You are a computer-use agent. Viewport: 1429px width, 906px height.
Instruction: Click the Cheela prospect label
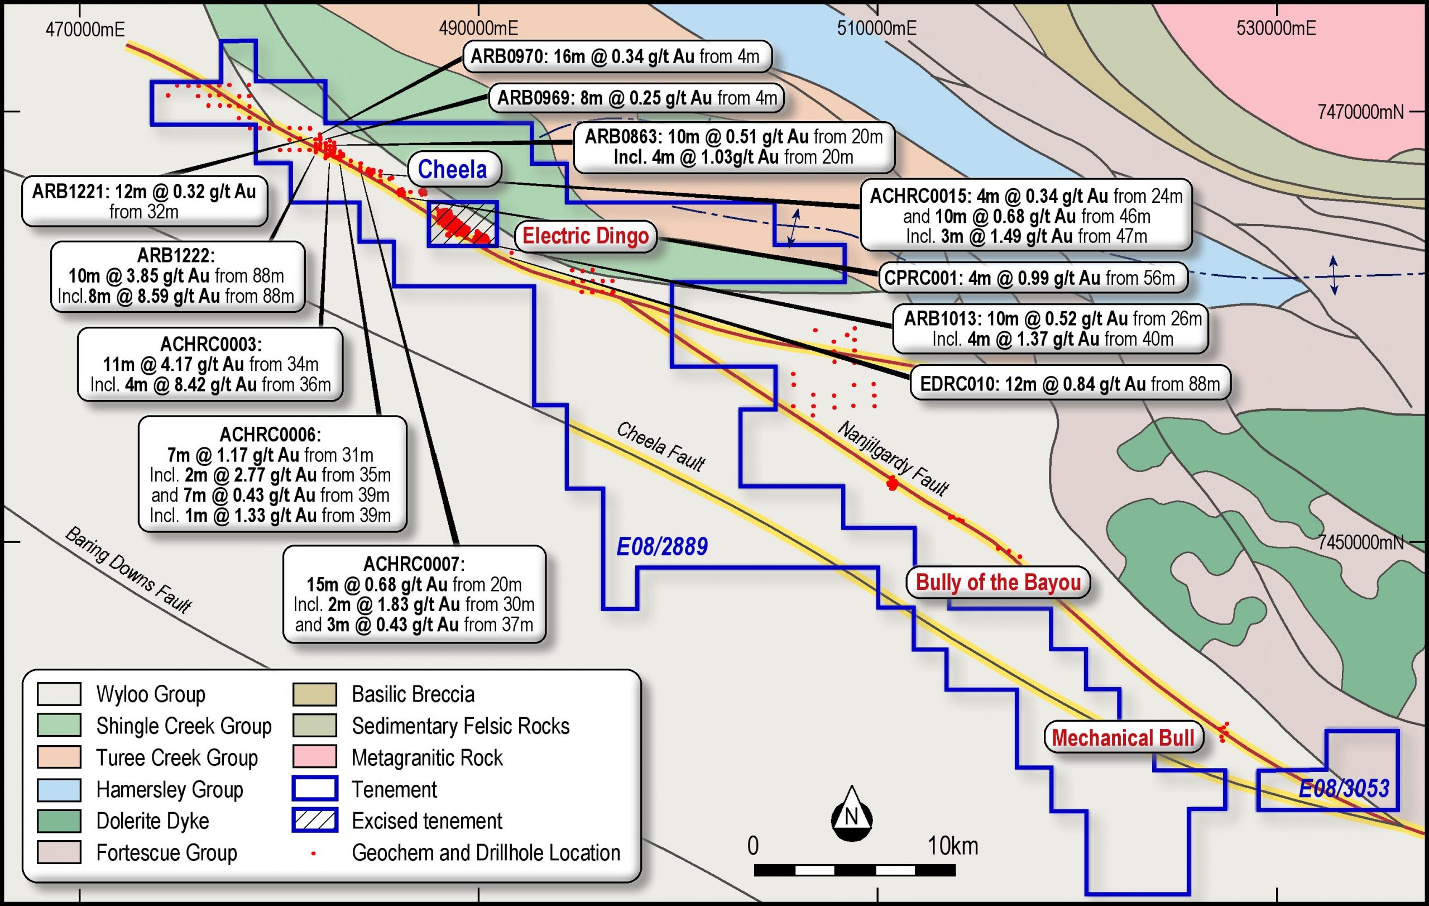452,169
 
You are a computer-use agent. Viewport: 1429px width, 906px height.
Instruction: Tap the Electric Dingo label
585,236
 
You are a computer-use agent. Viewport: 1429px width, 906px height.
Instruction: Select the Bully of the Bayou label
998,583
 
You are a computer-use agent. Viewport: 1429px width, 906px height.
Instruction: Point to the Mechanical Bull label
1123,738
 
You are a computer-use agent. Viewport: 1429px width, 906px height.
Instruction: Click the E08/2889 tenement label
661,547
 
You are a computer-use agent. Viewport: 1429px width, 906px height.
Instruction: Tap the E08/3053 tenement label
1344,789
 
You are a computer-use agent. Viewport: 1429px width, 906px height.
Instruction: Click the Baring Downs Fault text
128,569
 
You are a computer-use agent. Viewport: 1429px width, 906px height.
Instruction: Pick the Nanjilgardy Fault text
893,458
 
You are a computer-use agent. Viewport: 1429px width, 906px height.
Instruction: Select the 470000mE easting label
85,29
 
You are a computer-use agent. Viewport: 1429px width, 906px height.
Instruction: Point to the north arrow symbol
852,814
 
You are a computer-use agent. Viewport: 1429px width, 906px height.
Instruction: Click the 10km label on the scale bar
953,846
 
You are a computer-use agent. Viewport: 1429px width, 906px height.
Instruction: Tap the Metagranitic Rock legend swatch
314,757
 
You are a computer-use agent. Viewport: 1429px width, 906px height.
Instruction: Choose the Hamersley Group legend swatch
59,789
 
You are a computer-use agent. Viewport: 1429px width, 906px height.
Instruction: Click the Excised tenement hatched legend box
314,821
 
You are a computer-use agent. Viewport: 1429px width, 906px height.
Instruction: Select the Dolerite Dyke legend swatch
59,821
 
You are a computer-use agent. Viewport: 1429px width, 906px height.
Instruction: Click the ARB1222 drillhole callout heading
176,255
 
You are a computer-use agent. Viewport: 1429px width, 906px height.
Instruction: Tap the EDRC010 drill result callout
1070,384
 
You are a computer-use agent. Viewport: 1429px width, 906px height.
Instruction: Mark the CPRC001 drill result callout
1032,278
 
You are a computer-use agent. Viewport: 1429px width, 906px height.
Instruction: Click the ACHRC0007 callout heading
414,564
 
